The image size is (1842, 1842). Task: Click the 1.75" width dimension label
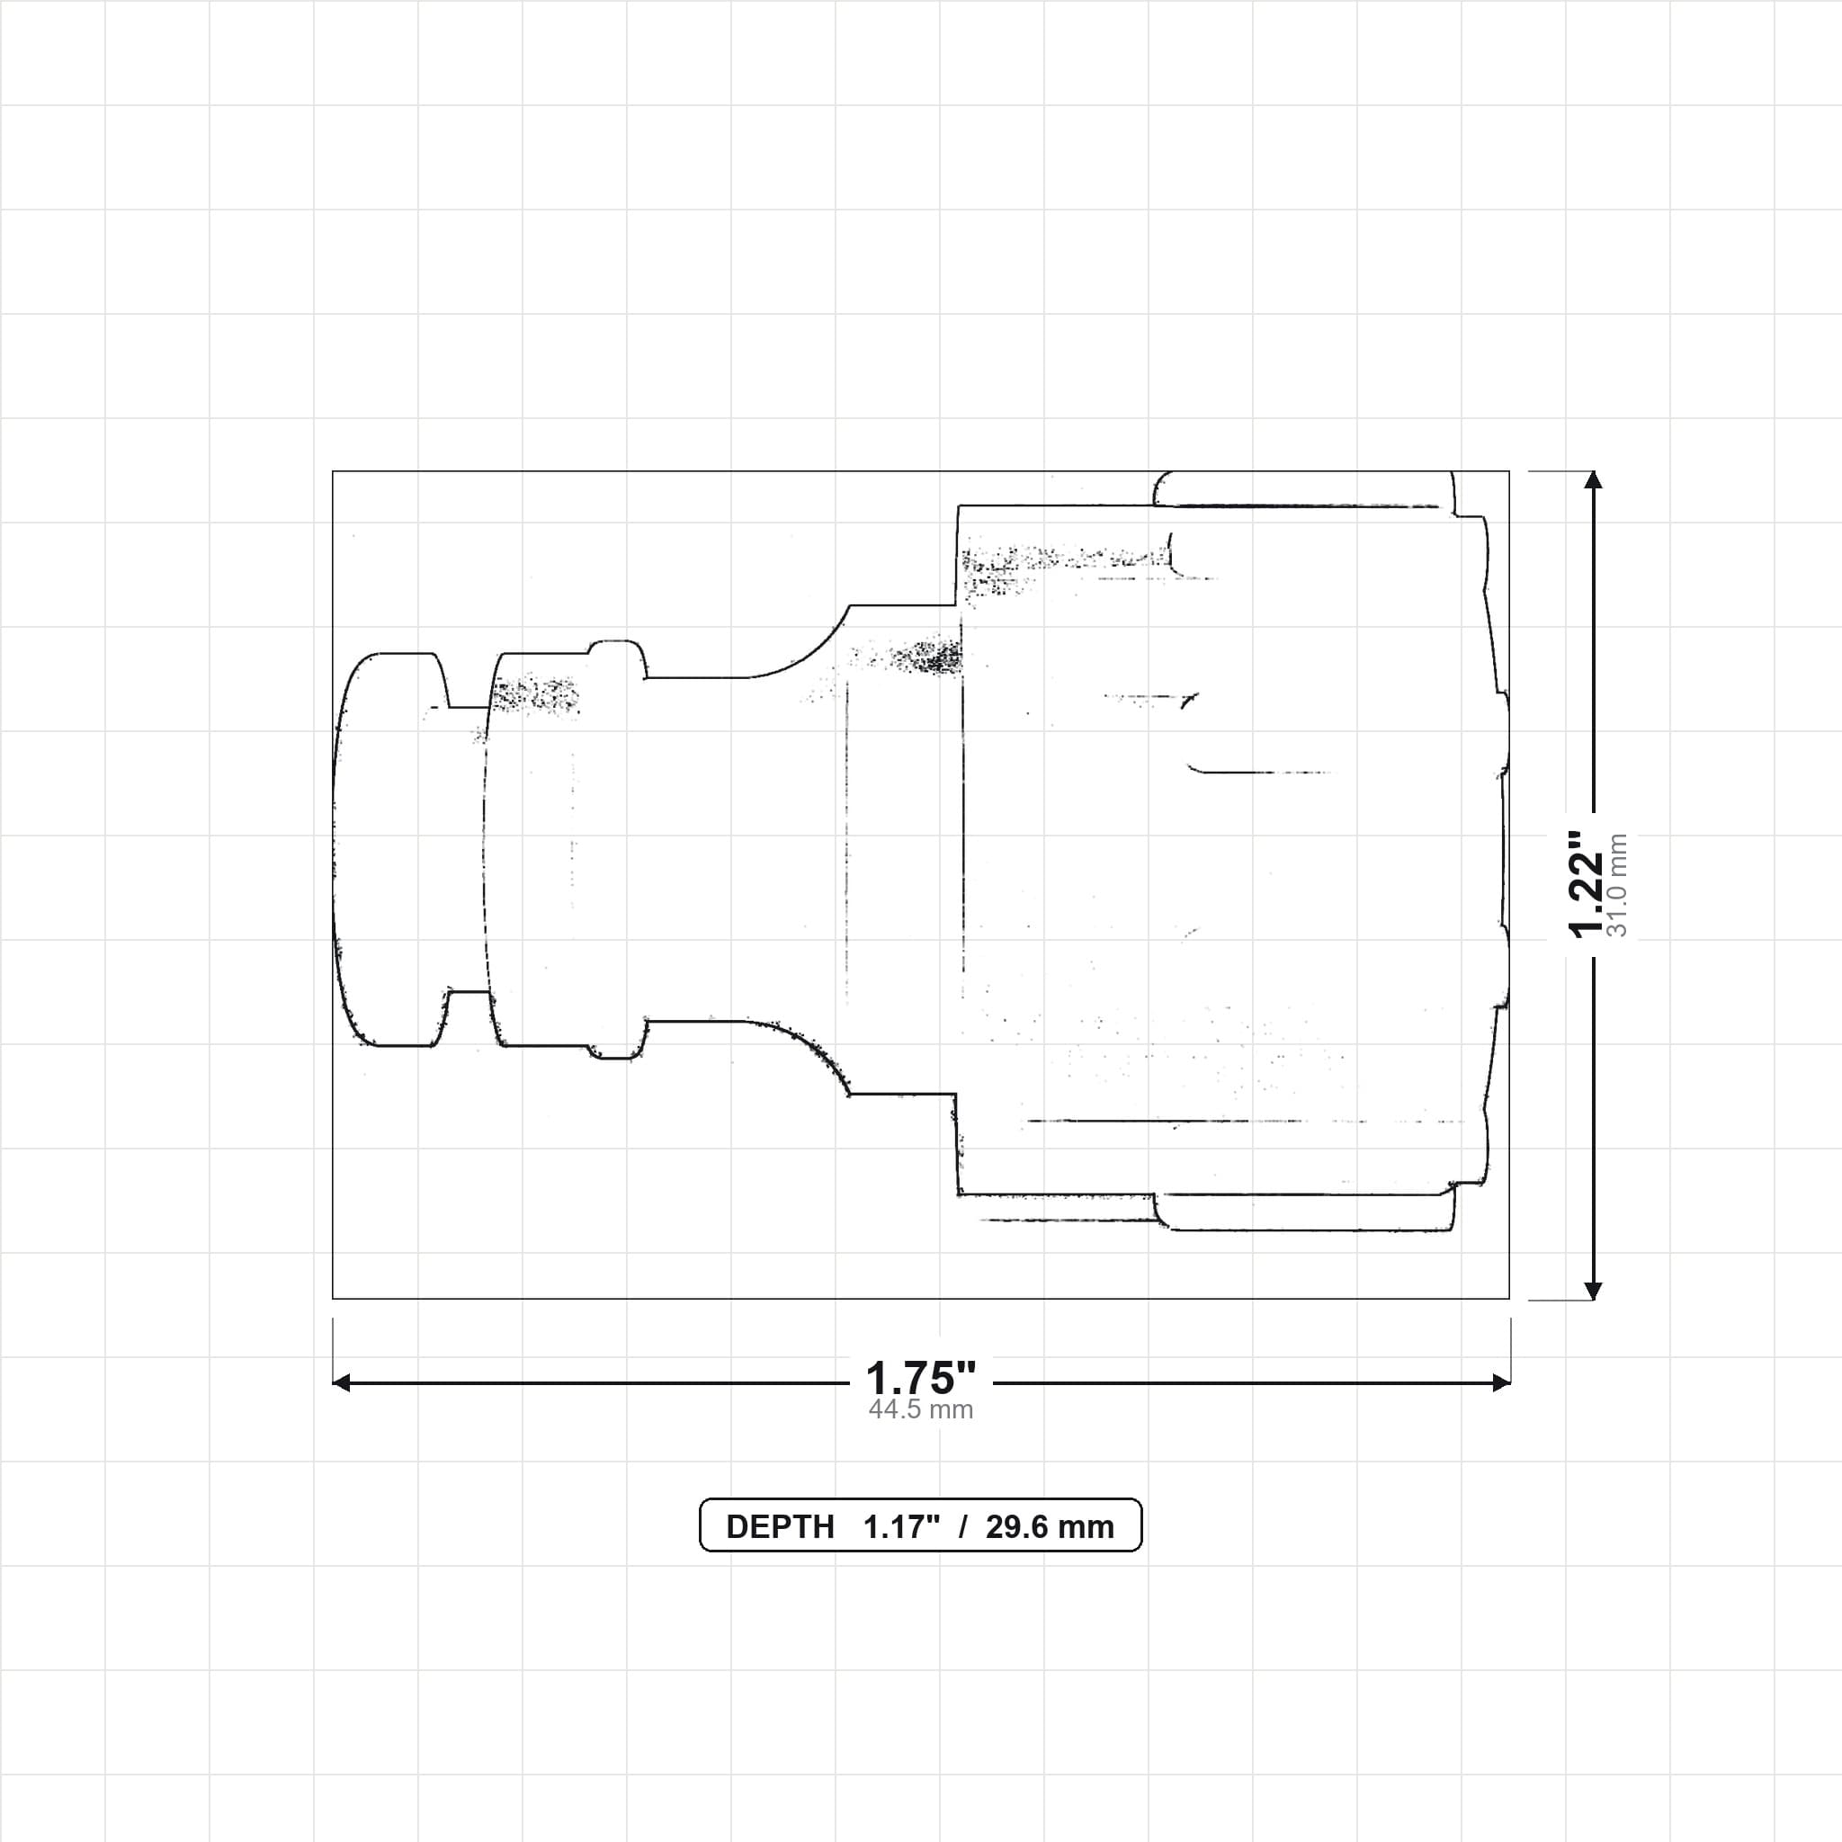920,1378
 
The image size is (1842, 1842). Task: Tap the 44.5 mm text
920,1410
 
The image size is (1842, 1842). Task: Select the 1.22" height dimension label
1587,884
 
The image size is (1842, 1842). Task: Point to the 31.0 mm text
1618,885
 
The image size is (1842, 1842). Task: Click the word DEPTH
780,1526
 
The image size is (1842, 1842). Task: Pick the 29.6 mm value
1050,1526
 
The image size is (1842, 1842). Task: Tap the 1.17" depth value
901,1526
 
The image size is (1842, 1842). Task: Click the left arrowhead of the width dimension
341,1382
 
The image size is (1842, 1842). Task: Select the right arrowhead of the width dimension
1501,1382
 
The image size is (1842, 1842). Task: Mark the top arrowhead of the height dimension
1592,479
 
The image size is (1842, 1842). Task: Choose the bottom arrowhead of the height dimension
1592,1290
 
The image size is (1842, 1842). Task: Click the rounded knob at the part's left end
391,849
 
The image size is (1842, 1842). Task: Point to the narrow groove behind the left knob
467,849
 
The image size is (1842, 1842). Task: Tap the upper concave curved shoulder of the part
807,653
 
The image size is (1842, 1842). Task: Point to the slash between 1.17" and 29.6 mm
964,1526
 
